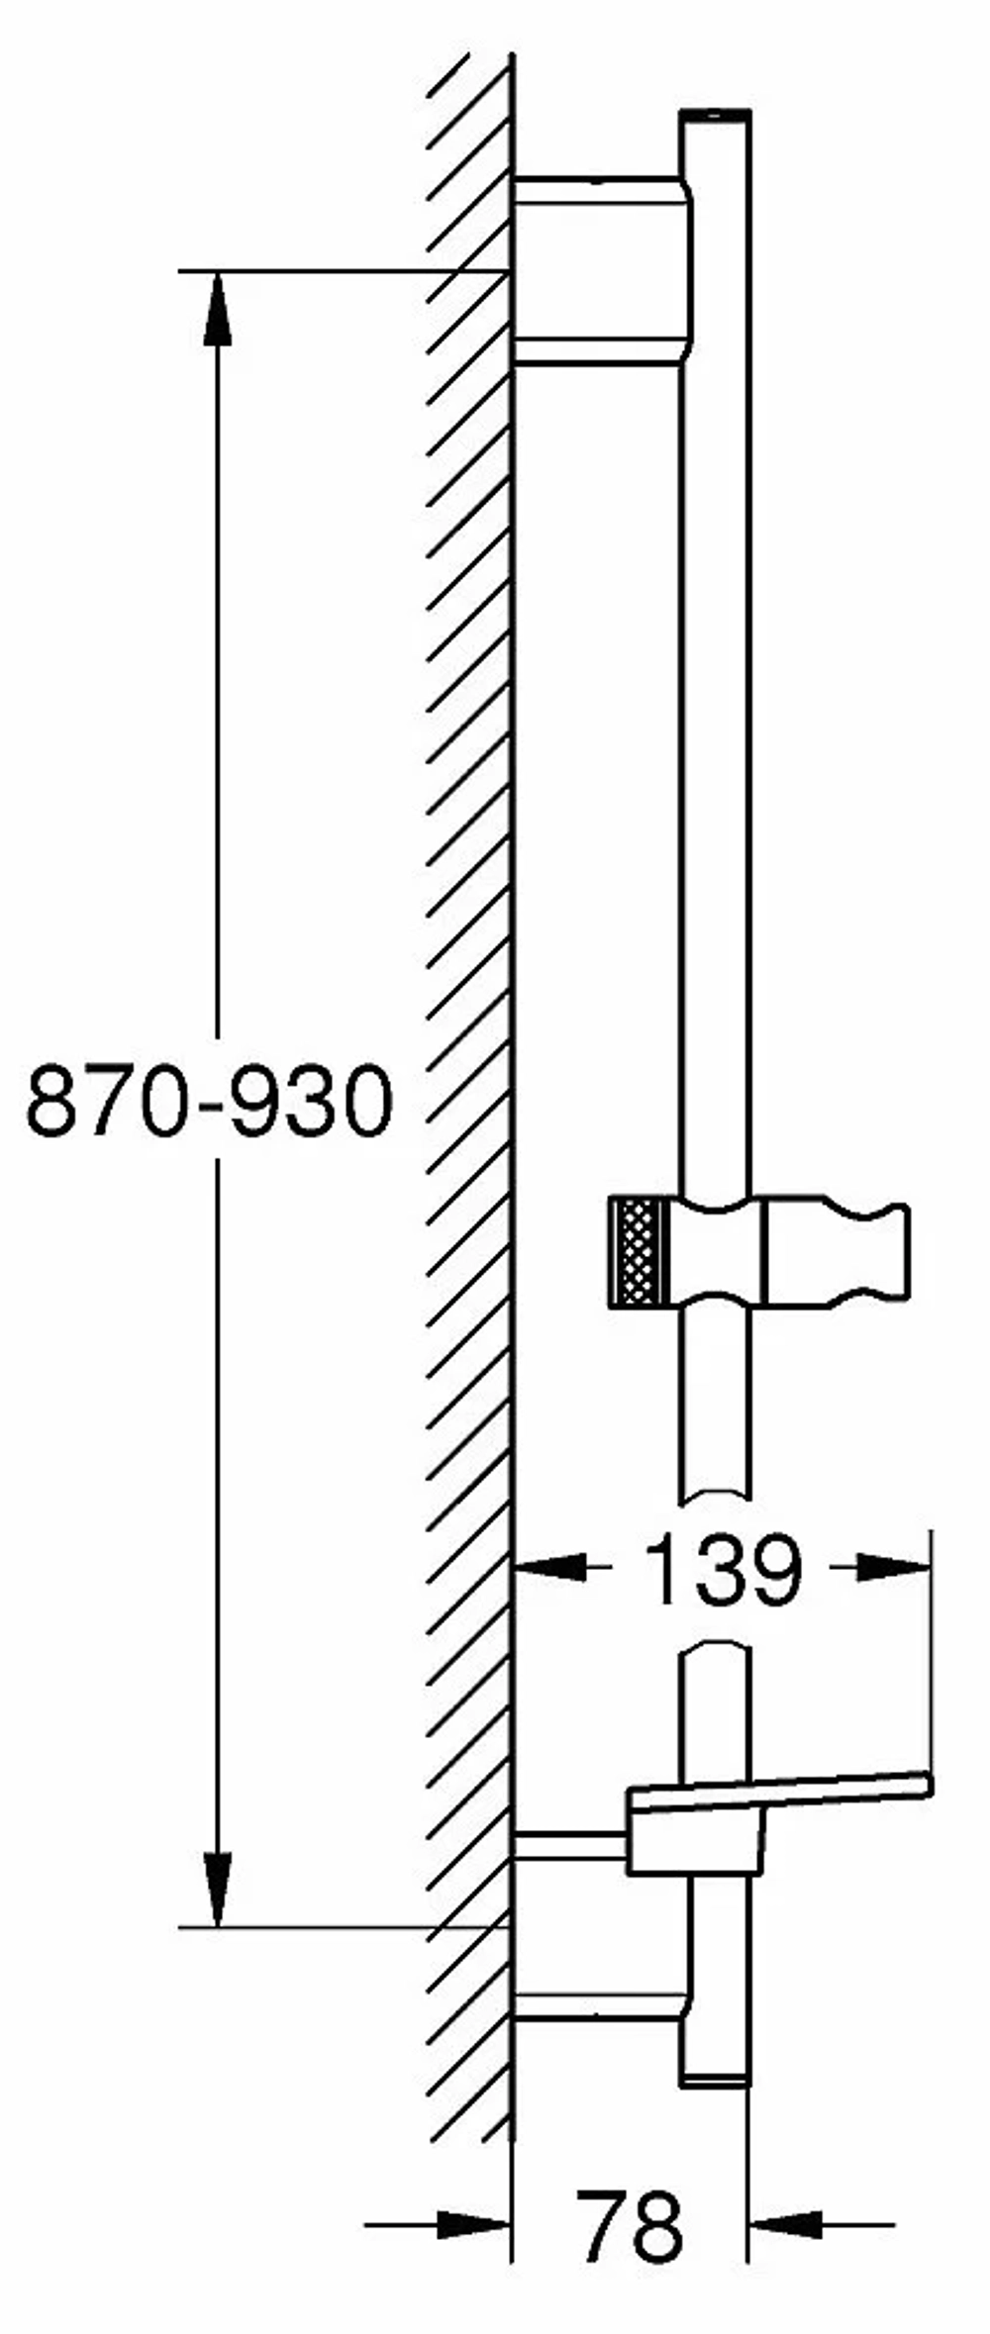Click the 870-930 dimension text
[209, 1101]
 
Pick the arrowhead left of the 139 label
[550, 1566]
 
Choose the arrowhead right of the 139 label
[894, 1566]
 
